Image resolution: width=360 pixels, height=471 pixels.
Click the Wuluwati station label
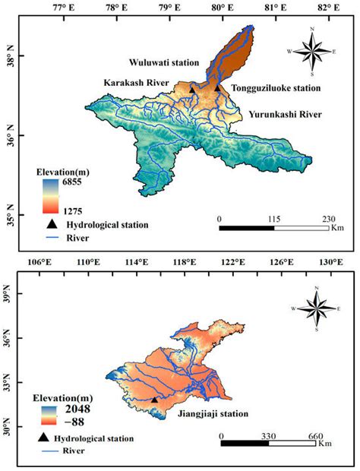coord(163,63)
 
